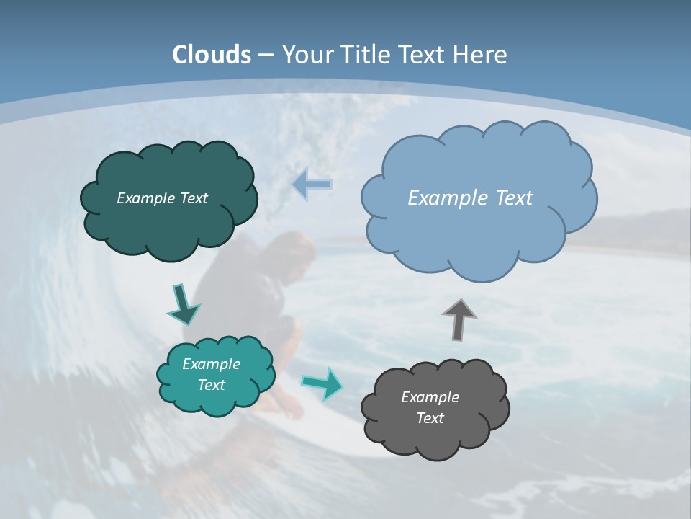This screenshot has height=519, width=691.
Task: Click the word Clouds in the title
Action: (x=212, y=55)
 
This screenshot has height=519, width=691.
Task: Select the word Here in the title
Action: (x=481, y=55)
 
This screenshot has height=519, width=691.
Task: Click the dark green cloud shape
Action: (x=169, y=223)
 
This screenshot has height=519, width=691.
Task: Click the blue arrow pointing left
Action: (x=312, y=185)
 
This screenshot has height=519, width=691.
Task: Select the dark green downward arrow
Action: (x=183, y=305)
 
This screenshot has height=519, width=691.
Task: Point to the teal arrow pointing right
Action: (x=322, y=383)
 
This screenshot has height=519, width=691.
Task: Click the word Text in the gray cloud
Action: (x=430, y=418)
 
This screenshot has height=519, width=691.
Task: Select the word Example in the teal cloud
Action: (x=211, y=364)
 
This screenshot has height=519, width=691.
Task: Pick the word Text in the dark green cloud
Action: (x=192, y=198)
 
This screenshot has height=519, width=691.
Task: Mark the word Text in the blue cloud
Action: (x=514, y=198)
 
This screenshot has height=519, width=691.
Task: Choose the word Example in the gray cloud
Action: (x=430, y=397)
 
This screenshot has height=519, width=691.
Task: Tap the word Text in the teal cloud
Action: (x=211, y=385)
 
